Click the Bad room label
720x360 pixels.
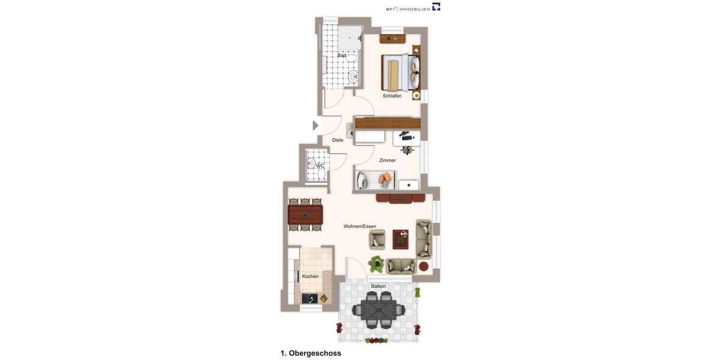[x=341, y=55]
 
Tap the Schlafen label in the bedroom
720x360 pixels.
[x=392, y=96]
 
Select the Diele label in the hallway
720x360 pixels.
[x=338, y=140]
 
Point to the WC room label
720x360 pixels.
[x=320, y=166]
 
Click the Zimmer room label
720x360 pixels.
[x=388, y=160]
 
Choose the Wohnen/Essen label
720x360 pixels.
[x=359, y=226]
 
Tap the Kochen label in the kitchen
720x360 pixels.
[x=310, y=276]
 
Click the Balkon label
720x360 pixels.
[x=378, y=286]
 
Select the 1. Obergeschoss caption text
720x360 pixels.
[x=311, y=353]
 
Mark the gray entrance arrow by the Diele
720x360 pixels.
[x=315, y=125]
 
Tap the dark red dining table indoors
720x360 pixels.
[x=305, y=214]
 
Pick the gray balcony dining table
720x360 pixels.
[x=379, y=310]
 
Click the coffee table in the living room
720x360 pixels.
[x=400, y=239]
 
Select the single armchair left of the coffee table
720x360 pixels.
[x=377, y=239]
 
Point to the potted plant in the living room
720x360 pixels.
[x=376, y=263]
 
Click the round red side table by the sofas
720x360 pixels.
[x=424, y=266]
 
